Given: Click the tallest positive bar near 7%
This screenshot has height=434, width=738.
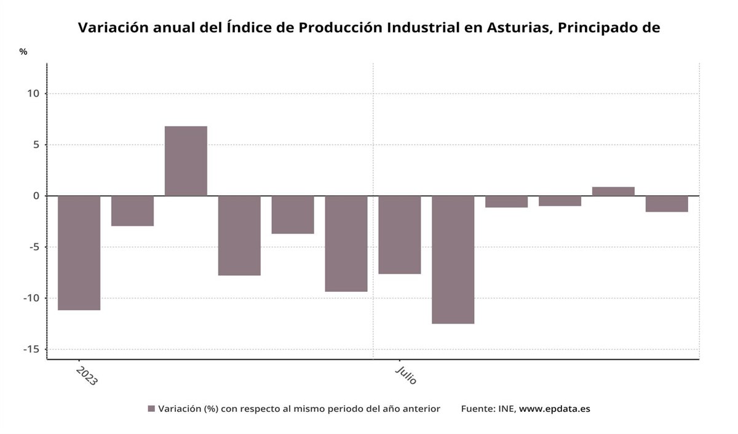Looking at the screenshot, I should point(186,161).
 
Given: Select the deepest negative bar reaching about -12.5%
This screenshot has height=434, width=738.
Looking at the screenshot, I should point(453,259).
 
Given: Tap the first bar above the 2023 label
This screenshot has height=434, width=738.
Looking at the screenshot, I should point(79,252).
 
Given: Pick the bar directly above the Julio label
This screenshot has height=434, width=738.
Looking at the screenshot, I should point(400,235).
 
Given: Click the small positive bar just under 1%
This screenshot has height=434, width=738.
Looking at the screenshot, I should point(613,191).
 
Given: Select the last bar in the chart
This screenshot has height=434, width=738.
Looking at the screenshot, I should point(667,204).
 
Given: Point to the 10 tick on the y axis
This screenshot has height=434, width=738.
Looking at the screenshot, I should point(33,94).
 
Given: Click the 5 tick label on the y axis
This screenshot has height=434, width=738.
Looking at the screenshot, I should point(36,145).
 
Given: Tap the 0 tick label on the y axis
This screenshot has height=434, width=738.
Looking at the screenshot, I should point(36,196).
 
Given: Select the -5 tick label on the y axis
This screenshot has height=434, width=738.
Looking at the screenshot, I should point(33,247).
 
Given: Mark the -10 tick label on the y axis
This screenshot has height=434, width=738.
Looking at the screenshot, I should point(31,298).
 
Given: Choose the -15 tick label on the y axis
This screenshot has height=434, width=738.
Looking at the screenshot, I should point(31,349).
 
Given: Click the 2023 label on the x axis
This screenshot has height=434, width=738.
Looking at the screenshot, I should point(86,376).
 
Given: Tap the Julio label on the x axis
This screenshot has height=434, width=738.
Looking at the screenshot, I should point(407,375).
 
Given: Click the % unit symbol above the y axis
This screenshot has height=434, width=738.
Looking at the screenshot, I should point(23,52).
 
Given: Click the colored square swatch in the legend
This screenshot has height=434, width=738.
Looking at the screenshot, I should point(151,409).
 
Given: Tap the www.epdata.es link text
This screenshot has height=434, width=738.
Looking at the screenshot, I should point(554,409).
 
